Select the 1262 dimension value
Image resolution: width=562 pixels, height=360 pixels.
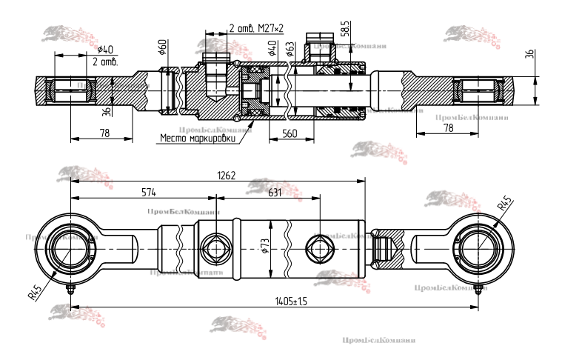(227, 176)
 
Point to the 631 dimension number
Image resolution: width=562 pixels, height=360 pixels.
(274, 193)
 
